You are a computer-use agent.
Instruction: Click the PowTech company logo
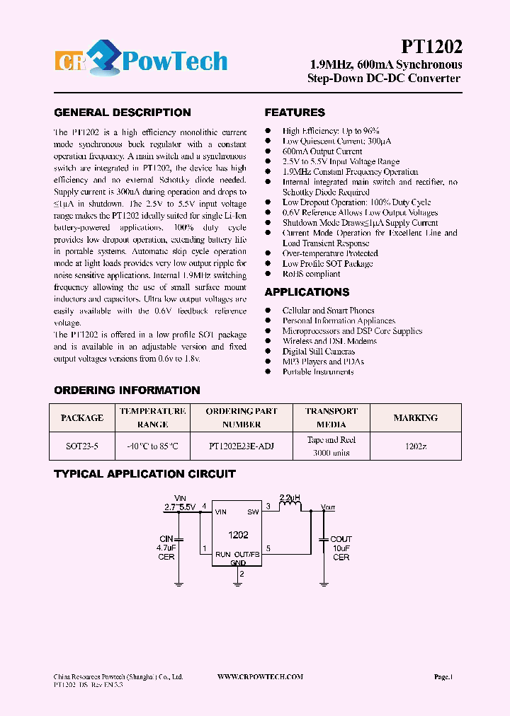141,62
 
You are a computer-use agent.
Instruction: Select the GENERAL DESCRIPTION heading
123,112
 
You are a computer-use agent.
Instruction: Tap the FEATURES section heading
295,112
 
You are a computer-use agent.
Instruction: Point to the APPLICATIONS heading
307,292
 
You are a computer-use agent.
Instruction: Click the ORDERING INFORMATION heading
127,391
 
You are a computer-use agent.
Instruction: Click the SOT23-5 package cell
82,446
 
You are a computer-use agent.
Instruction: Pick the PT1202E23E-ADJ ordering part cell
242,446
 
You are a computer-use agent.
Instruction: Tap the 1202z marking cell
415,446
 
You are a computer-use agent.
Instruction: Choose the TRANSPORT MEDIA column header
331,417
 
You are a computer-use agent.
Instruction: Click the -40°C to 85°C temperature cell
152,446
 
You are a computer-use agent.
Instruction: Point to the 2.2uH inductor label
290,497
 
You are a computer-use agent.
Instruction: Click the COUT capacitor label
341,539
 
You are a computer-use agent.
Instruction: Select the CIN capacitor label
166,539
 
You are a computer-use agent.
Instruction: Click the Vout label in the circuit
328,507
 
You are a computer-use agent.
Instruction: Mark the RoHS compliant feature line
311,274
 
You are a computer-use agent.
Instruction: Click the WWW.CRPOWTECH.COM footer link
260,677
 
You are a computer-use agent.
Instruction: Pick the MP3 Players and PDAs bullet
323,362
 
